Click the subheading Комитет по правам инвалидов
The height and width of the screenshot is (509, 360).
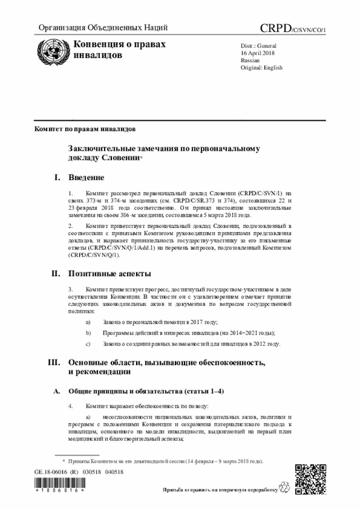point(84,129)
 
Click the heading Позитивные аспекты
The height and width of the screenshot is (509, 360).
point(109,274)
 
